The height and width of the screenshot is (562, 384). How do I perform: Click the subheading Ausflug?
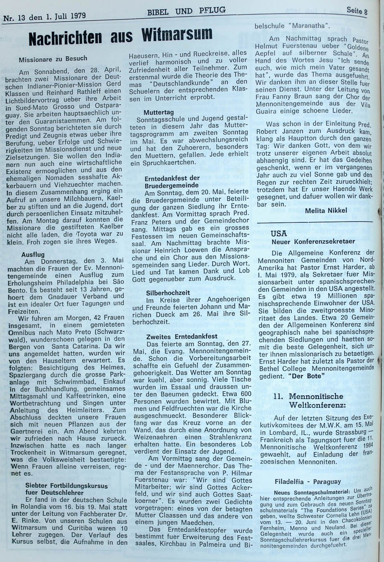coord(33,255)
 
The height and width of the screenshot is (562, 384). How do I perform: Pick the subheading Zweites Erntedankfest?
coord(182,336)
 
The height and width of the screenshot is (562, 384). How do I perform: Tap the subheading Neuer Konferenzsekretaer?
coord(313,242)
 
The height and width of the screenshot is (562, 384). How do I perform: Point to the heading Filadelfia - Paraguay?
coord(308,481)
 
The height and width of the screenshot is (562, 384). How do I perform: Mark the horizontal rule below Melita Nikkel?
coord(315,222)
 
